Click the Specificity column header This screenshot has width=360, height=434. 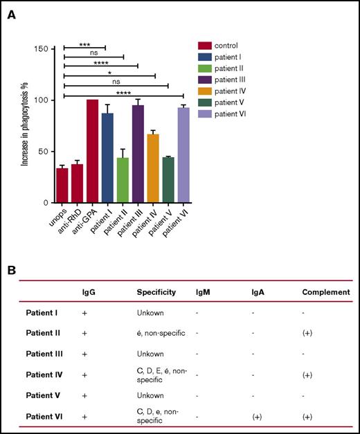coord(156,292)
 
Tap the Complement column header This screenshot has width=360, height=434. coord(325,292)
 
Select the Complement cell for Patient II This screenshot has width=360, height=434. coord(309,333)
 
